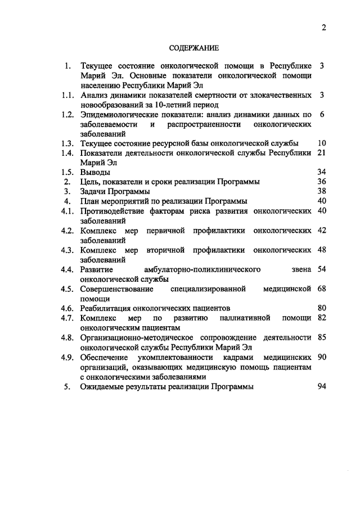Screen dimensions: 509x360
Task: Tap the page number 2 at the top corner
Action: tap(324, 28)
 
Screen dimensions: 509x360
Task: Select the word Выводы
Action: tap(95, 172)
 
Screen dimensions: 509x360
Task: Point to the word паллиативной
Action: tap(243, 318)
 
